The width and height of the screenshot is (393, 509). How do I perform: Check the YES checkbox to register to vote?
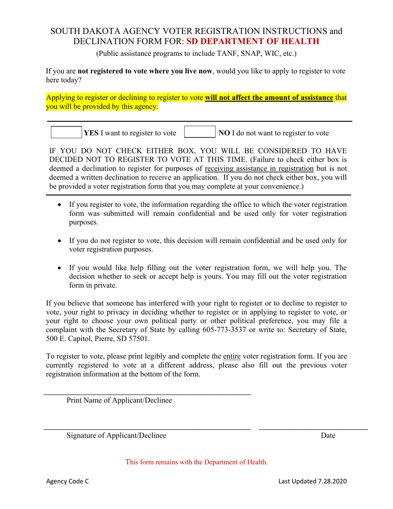66,132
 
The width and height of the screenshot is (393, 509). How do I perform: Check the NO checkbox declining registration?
199,132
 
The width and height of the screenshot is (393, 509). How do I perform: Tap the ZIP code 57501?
139,339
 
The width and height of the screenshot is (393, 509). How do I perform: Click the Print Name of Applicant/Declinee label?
119,400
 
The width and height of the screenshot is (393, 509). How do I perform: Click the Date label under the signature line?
328,435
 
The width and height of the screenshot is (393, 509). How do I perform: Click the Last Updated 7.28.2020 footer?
312,481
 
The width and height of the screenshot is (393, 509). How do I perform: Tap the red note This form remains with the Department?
196,462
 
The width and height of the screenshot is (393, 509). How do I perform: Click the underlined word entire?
232,356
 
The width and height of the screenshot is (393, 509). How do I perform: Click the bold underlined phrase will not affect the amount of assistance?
269,98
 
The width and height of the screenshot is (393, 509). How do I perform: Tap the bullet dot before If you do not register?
61,240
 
